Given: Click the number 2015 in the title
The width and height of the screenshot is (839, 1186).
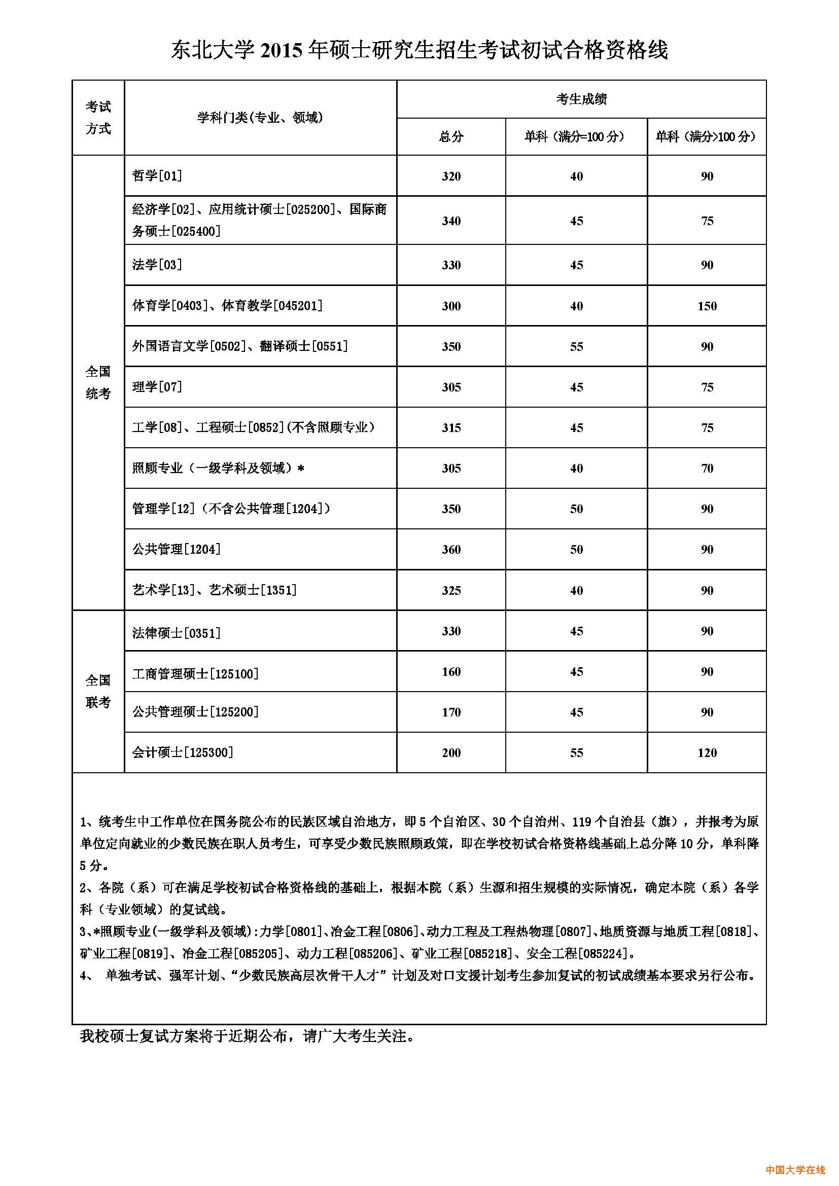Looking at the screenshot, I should (281, 50).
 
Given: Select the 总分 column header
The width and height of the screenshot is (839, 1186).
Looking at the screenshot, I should (451, 137).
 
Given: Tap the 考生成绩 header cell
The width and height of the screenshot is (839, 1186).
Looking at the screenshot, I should (581, 99).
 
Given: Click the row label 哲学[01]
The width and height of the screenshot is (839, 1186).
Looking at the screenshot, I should (157, 176).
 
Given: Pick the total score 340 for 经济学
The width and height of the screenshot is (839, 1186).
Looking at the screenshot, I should (451, 221).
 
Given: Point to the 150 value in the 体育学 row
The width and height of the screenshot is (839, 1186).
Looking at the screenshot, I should (707, 306).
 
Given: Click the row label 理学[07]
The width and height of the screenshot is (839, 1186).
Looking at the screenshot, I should (157, 387).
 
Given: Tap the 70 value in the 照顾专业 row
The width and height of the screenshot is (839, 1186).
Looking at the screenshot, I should (707, 469).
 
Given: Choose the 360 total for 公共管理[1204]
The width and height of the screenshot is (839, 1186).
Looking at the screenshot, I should (451, 550).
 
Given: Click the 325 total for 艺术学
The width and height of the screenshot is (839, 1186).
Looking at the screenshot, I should (451, 590).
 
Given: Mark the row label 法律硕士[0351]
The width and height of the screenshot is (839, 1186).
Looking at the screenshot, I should (176, 633).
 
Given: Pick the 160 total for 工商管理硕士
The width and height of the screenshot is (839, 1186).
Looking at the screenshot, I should (451, 672).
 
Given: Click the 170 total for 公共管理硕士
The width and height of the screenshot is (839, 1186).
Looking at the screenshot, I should (451, 712).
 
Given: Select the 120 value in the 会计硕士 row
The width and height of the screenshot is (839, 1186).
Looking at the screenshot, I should (707, 753).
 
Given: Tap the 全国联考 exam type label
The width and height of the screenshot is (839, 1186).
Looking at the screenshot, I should (98, 691).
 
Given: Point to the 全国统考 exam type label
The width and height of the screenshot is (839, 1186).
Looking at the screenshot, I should (98, 383).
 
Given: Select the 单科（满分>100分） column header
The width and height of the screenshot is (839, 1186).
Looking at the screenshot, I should (706, 137).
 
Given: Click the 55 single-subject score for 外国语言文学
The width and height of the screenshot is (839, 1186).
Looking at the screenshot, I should (577, 347).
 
